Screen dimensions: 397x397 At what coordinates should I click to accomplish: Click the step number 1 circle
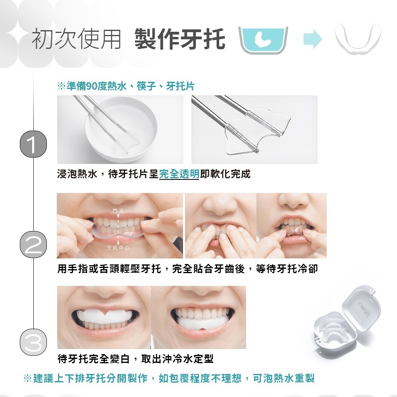[x=33, y=144]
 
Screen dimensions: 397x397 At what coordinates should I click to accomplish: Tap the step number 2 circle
[x=33, y=245]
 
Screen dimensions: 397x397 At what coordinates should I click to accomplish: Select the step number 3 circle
[x=33, y=342]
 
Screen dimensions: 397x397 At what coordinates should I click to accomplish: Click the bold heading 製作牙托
[x=180, y=39]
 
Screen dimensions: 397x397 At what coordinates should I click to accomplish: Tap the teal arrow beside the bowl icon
[x=313, y=39]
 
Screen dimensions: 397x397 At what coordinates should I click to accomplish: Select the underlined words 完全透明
[x=179, y=174]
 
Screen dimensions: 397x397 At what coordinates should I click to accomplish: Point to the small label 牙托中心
[x=118, y=248]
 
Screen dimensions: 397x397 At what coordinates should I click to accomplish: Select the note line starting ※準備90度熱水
[x=126, y=86]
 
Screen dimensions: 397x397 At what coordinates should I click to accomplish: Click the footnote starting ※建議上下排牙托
[x=169, y=378]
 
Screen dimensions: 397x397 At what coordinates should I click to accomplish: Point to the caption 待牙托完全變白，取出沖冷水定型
[x=135, y=358]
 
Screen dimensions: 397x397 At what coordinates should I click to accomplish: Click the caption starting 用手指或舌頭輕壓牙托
[x=187, y=269]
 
